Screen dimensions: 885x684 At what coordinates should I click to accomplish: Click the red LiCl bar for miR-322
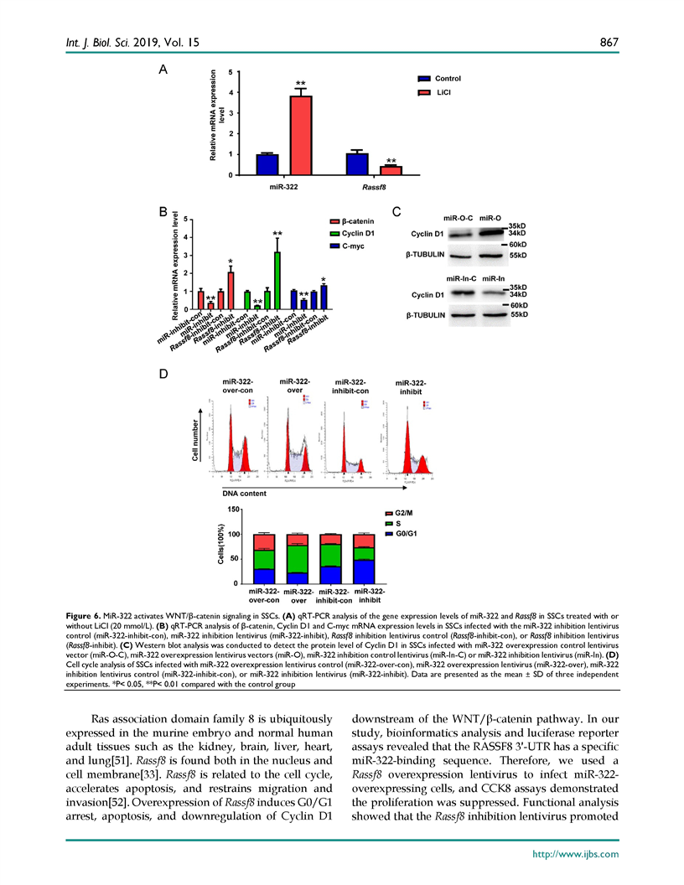point(300,135)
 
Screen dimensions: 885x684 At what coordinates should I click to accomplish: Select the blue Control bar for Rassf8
point(356,164)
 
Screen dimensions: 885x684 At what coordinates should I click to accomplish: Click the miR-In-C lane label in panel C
point(459,277)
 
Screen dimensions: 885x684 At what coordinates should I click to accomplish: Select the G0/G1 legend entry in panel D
point(406,533)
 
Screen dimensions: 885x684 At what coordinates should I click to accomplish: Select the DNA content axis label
point(246,493)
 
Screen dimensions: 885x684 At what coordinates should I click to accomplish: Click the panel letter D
point(164,372)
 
